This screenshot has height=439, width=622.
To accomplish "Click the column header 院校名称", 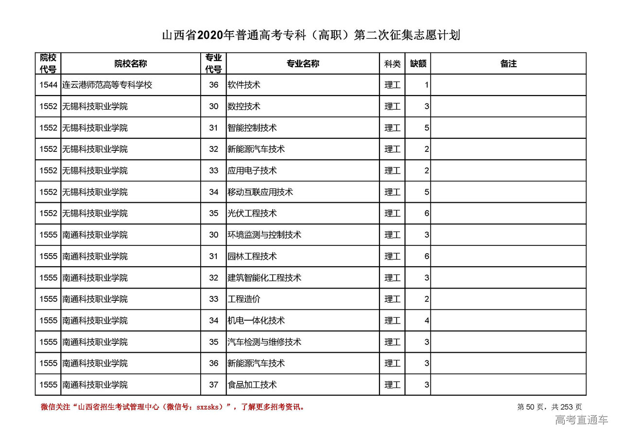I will (131, 64).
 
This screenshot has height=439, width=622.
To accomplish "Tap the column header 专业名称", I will (302, 64).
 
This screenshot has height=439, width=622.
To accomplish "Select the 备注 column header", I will (508, 64).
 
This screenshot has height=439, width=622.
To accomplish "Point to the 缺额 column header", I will (418, 64).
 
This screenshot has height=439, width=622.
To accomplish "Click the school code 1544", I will (48, 85).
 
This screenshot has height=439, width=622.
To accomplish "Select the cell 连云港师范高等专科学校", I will (107, 85).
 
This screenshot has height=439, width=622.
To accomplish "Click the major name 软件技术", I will (244, 85).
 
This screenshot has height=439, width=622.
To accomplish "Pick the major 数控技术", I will (244, 106).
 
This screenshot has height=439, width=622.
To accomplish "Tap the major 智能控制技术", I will (252, 128).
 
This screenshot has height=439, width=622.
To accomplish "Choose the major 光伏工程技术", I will (252, 213).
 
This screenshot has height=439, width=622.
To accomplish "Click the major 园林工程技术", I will (252, 256).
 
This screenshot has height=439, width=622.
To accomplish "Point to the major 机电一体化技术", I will (256, 321).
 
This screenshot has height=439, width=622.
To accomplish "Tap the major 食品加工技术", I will (252, 385).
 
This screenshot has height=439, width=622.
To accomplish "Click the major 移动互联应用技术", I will (260, 192).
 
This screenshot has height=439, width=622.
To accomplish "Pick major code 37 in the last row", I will (214, 385).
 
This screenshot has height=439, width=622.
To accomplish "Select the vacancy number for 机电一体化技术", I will (426, 321).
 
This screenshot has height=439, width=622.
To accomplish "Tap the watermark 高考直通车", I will (581, 420).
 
